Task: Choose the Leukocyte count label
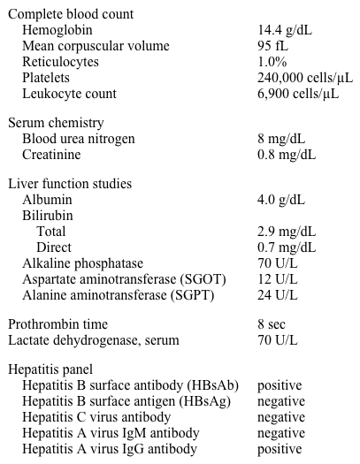click(x=69, y=94)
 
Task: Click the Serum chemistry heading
click(x=56, y=123)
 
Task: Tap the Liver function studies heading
click(x=70, y=184)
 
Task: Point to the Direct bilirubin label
click(x=54, y=247)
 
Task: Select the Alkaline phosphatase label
click(x=82, y=263)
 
